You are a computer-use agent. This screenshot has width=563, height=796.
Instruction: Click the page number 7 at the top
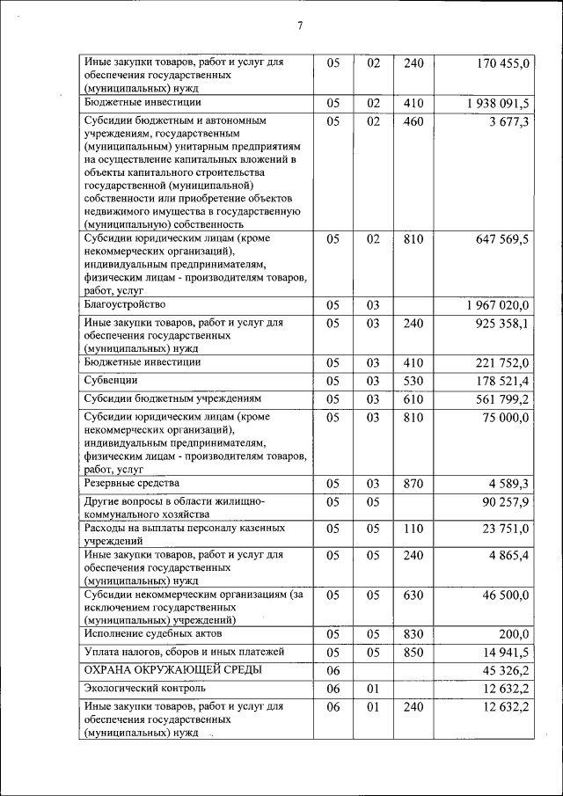[x=300, y=26]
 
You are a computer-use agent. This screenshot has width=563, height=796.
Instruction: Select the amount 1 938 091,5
[x=499, y=104]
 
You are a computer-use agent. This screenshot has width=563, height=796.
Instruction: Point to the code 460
[x=413, y=121]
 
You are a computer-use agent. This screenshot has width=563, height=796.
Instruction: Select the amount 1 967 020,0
[x=498, y=306]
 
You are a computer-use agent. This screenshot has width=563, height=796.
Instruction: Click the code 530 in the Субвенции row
[x=413, y=381]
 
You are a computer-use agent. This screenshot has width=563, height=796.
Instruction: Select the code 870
[x=413, y=484]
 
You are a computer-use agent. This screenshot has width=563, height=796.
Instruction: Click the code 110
[x=413, y=529]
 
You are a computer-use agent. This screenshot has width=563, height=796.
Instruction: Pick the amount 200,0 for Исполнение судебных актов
[x=513, y=634]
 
